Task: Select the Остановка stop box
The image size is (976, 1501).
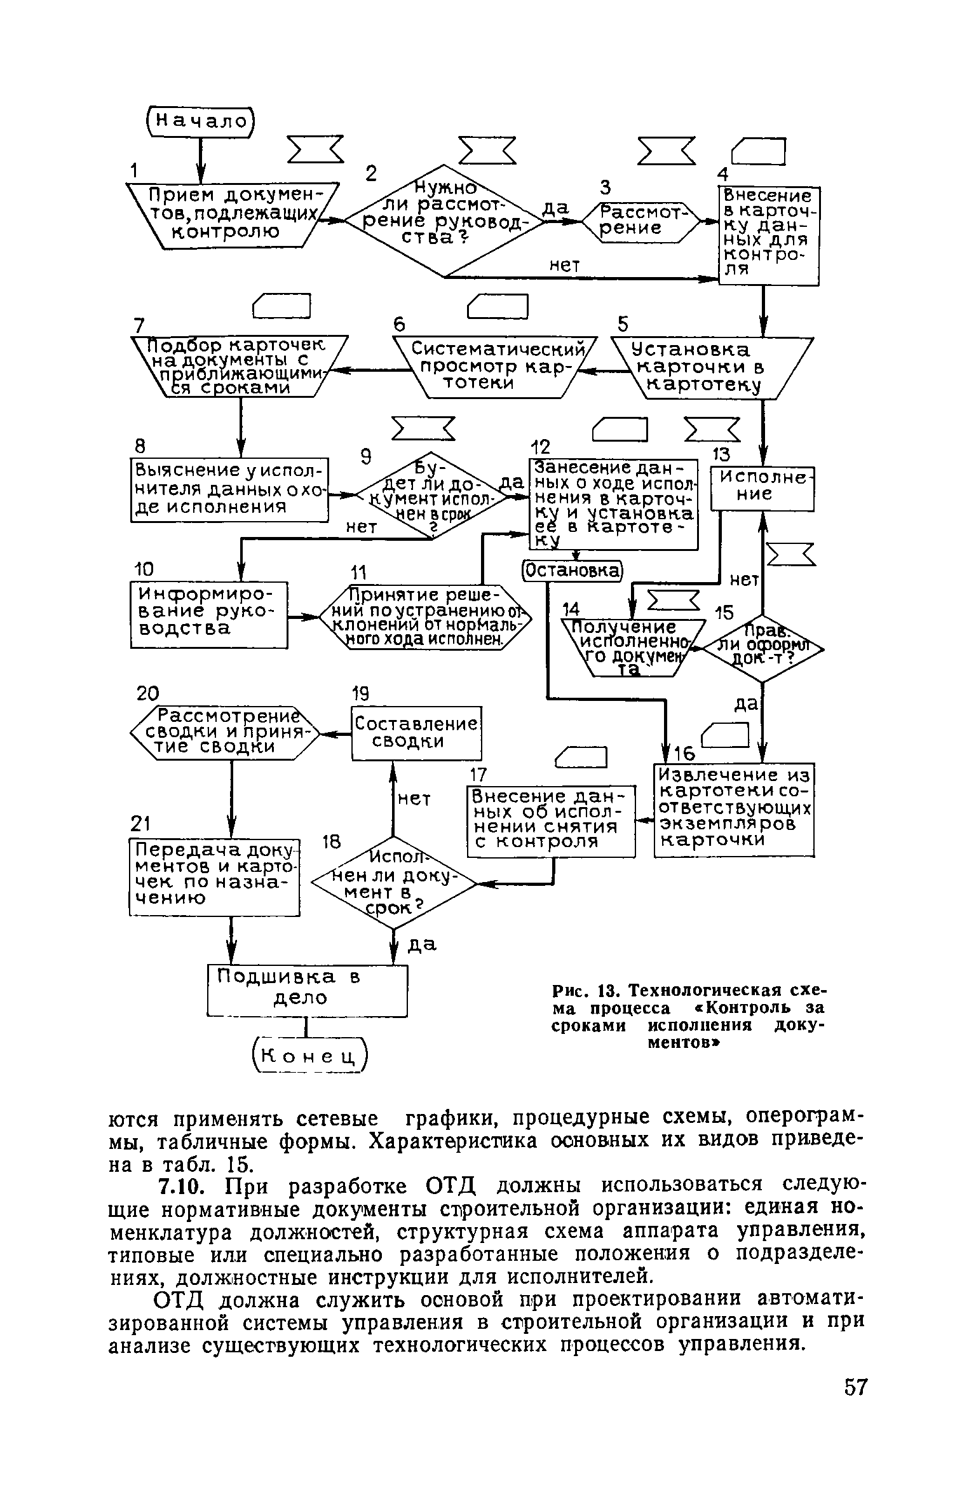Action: tap(571, 569)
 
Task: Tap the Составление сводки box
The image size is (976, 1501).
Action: tap(416, 732)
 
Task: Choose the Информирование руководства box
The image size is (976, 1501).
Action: tap(209, 614)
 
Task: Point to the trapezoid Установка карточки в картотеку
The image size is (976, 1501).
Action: tap(711, 367)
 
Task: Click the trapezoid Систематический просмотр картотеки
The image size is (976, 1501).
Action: tap(495, 367)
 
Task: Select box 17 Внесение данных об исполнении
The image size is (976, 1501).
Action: tap(551, 820)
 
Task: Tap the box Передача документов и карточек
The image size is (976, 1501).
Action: tap(214, 876)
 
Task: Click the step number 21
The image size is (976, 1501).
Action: tap(139, 824)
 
